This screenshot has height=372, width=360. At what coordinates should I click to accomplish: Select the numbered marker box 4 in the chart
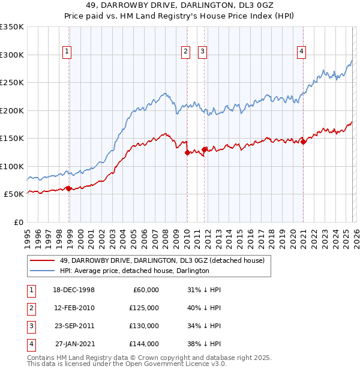(x=301, y=52)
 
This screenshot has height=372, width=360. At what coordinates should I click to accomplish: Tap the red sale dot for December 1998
(x=68, y=188)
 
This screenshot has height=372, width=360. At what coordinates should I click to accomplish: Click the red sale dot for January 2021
(x=303, y=142)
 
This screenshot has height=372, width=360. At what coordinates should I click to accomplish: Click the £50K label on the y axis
(x=14, y=194)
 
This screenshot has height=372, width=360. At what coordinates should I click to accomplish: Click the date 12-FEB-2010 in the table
(x=74, y=308)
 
